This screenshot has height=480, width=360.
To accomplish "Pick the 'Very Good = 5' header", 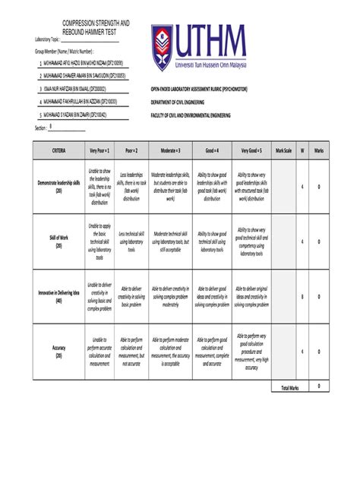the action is point(251,152).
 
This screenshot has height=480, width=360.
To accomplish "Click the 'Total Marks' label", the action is point(289,387).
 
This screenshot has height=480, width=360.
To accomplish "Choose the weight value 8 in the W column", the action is point(302,295).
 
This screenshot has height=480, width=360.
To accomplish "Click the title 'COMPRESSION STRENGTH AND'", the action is point(95,24).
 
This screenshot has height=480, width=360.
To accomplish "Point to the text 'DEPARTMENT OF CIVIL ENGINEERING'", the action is point(191,100).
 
